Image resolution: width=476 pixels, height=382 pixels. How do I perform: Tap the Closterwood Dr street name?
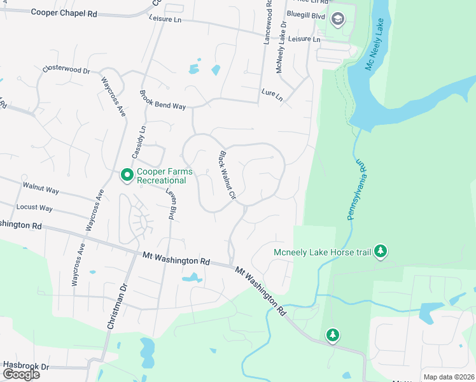click(x=66, y=69)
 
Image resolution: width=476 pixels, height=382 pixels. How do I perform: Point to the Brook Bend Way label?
click(x=162, y=101)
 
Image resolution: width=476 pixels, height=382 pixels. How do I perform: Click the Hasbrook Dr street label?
click(x=25, y=366)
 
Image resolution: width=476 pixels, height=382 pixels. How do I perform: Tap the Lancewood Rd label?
click(x=268, y=22)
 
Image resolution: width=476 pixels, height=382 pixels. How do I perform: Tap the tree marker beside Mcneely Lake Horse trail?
click(x=381, y=251)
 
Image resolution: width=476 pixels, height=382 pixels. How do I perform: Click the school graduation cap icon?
click(x=337, y=19)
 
